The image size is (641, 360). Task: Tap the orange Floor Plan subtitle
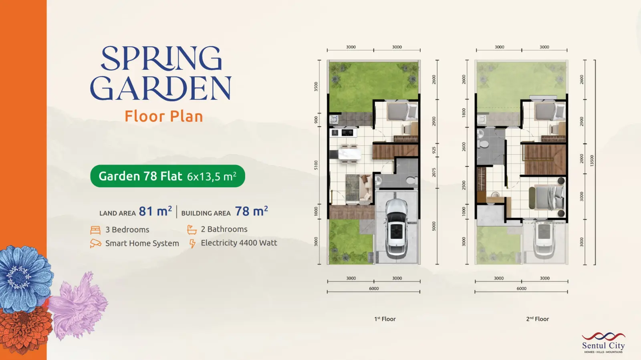pos(164,117)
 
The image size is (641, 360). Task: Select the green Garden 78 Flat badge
pos(168,176)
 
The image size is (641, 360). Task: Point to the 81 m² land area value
pos(155,211)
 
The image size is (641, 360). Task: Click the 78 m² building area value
pos(252,211)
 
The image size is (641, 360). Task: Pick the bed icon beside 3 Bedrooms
pos(95,230)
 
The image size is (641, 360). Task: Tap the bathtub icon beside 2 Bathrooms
pos(192,229)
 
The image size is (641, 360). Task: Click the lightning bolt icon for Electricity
pos(192,243)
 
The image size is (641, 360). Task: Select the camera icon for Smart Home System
pos(96,243)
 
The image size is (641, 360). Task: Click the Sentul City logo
pos(603,342)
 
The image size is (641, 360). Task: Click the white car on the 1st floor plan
pos(397,228)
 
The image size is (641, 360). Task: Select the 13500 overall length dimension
pos(592,161)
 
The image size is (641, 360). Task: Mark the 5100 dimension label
pos(316,165)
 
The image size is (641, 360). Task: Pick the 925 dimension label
pos(434,151)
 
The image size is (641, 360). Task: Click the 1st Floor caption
pos(385,319)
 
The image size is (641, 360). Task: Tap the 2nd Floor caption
pos(537,319)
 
